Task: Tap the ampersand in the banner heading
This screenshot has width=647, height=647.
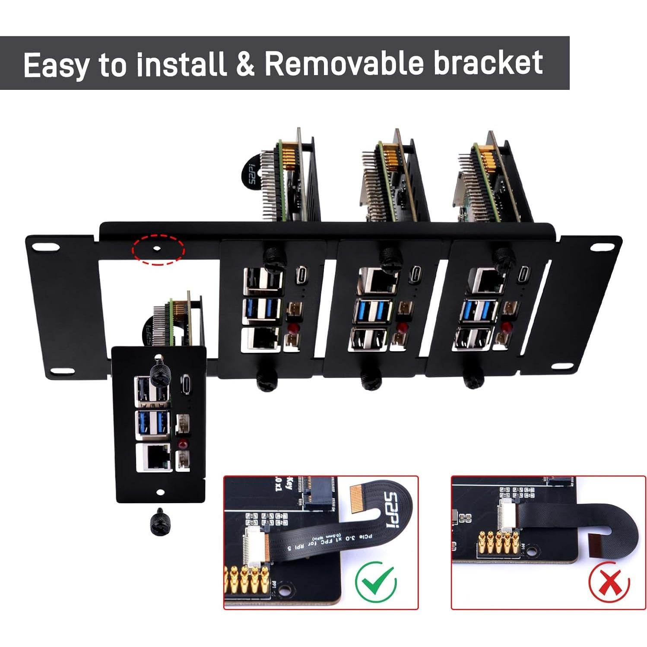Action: pyautogui.click(x=245, y=64)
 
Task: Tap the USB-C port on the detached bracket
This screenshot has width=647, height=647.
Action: pyautogui.click(x=185, y=383)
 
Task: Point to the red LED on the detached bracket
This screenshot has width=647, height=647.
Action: pyautogui.click(x=183, y=444)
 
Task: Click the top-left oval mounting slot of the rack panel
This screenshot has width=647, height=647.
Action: pyautogui.click(x=45, y=247)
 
